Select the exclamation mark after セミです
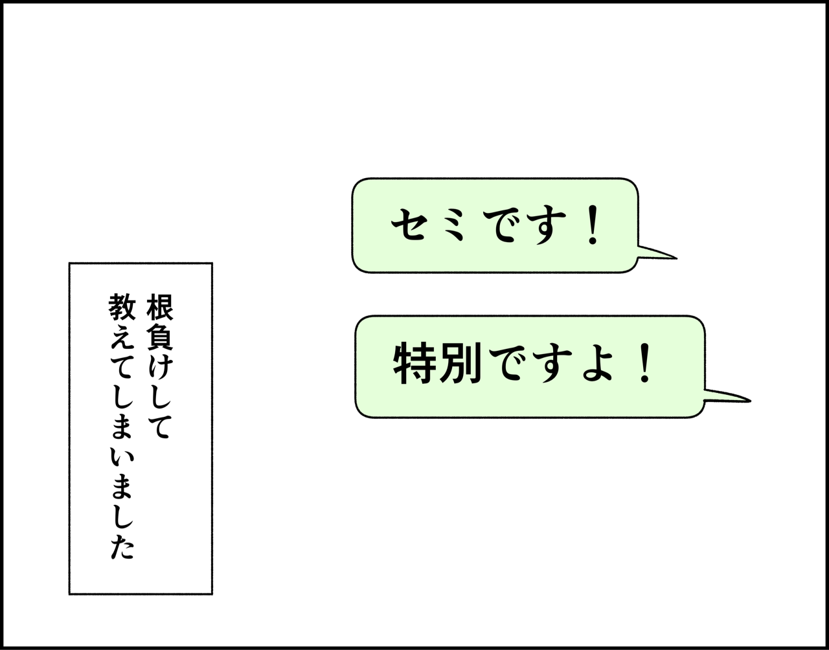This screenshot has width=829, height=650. [592, 227]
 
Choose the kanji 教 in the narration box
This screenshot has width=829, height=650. [122, 308]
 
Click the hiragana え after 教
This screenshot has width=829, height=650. [122, 337]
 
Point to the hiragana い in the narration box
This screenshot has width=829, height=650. [122, 456]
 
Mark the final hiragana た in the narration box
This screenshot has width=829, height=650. [122, 547]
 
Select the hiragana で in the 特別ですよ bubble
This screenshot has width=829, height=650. [507, 364]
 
